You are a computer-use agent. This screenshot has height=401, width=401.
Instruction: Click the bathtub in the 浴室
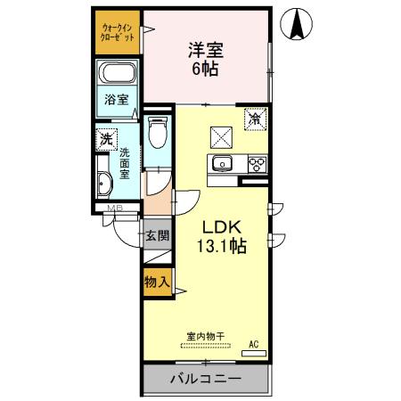tap(117, 78)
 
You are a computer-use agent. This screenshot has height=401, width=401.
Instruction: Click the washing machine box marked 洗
tap(107, 138)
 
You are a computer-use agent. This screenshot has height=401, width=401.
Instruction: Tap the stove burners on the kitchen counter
tap(255, 163)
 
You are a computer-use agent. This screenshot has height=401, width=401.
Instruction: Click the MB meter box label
tap(114, 209)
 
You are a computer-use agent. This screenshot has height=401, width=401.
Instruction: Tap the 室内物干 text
tap(205, 337)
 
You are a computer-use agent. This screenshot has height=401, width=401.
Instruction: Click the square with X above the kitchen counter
tap(220, 136)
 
